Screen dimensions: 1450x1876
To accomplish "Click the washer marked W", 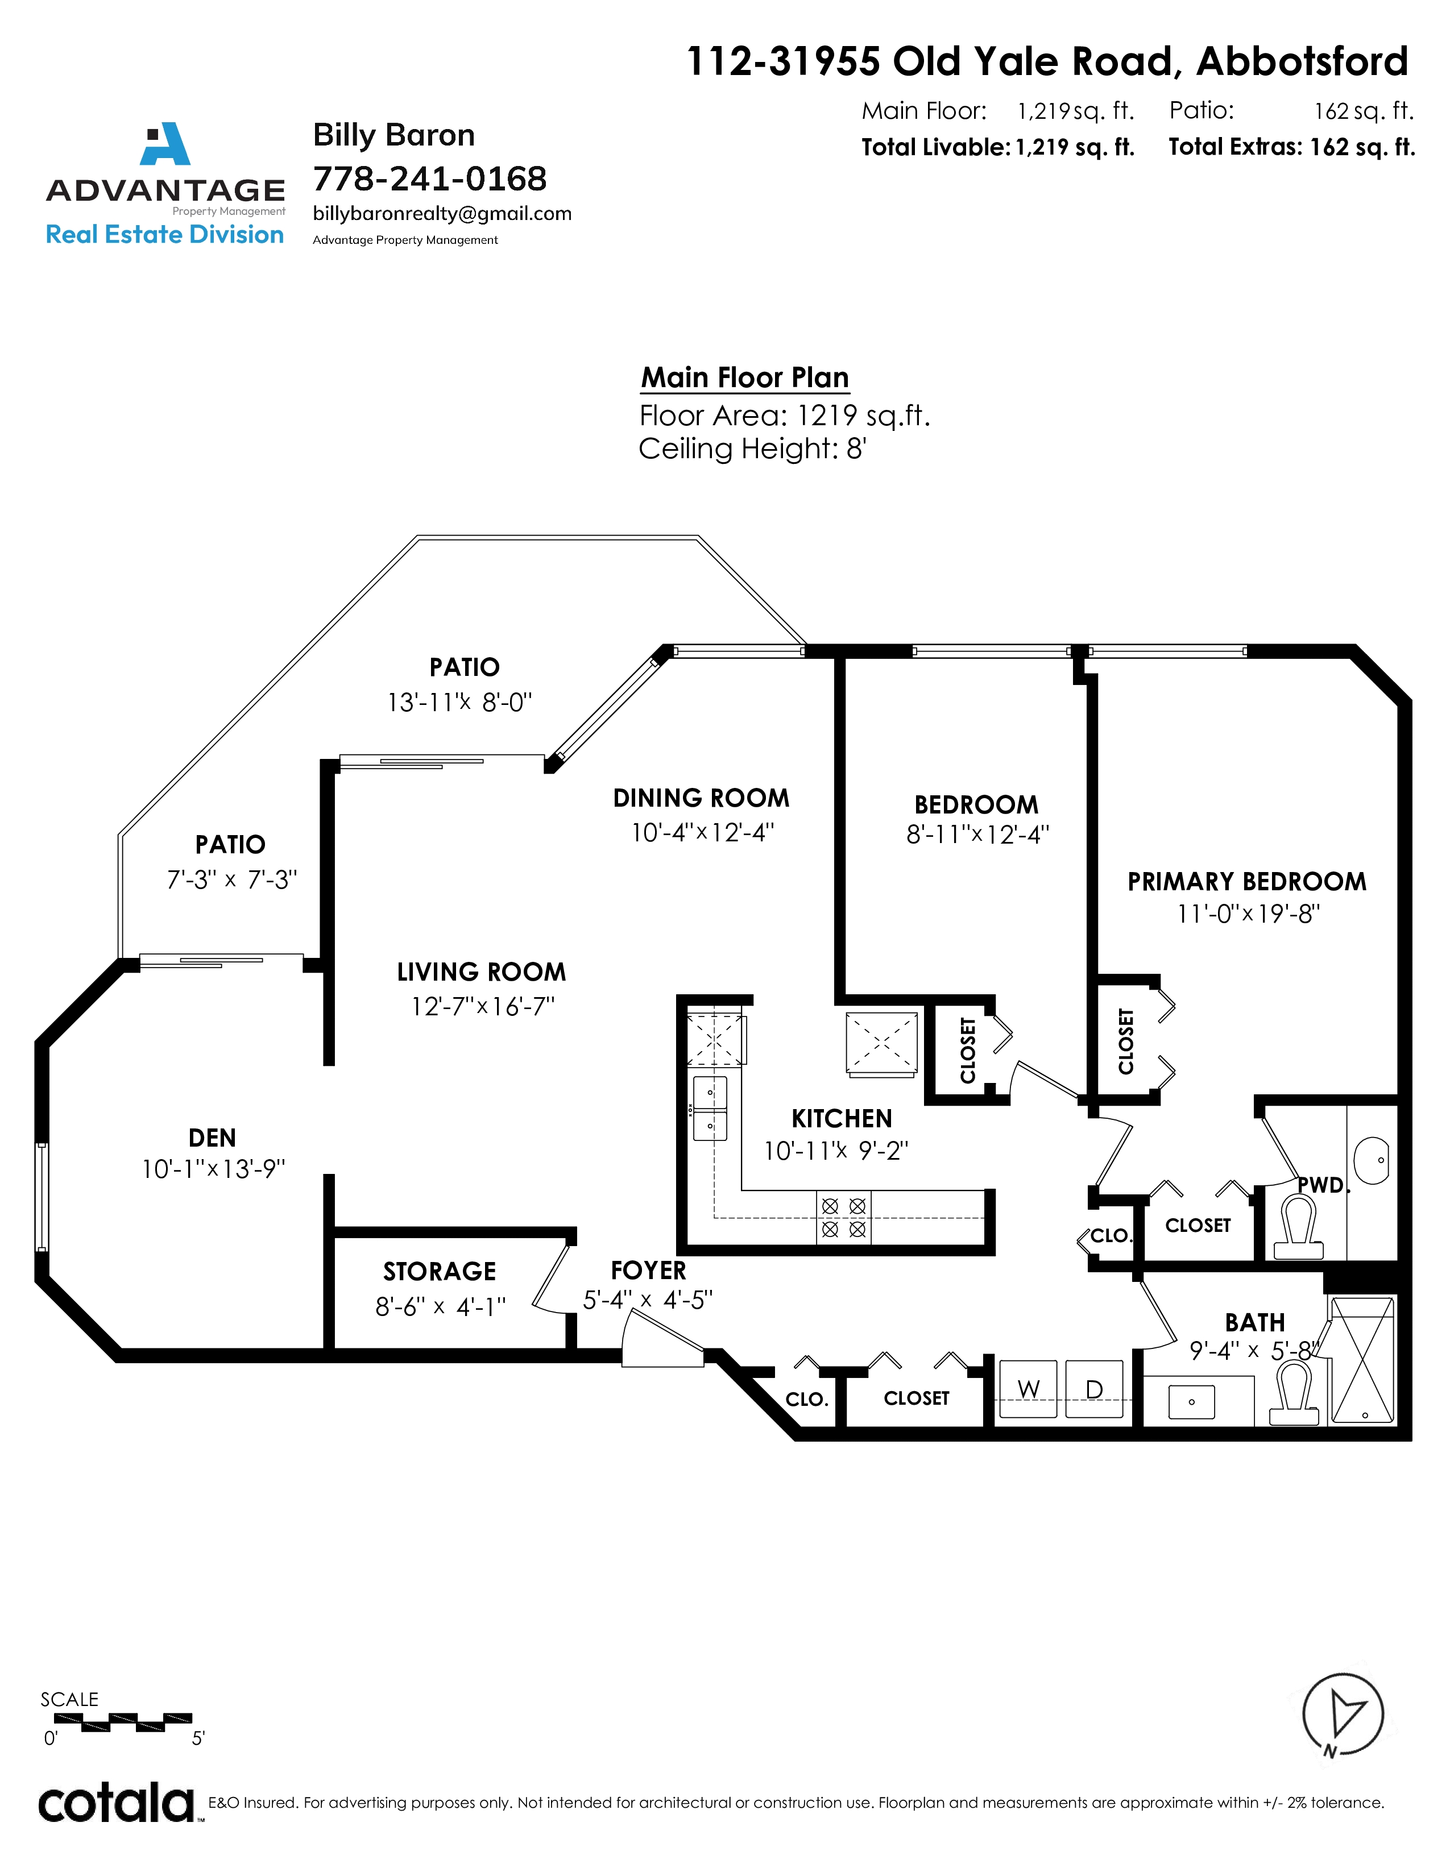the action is click(1028, 1388).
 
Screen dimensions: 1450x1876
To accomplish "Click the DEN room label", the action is click(212, 1138).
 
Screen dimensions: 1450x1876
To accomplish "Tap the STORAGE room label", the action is click(440, 1271).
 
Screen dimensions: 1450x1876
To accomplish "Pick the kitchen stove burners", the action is click(843, 1218).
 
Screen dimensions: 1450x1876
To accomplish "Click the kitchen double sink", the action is click(710, 1108).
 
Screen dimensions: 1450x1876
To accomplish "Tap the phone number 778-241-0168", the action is click(429, 179).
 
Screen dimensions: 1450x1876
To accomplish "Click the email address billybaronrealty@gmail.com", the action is click(442, 214).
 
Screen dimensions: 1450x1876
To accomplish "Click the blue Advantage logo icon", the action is click(166, 143).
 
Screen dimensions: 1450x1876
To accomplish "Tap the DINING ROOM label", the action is click(701, 798).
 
